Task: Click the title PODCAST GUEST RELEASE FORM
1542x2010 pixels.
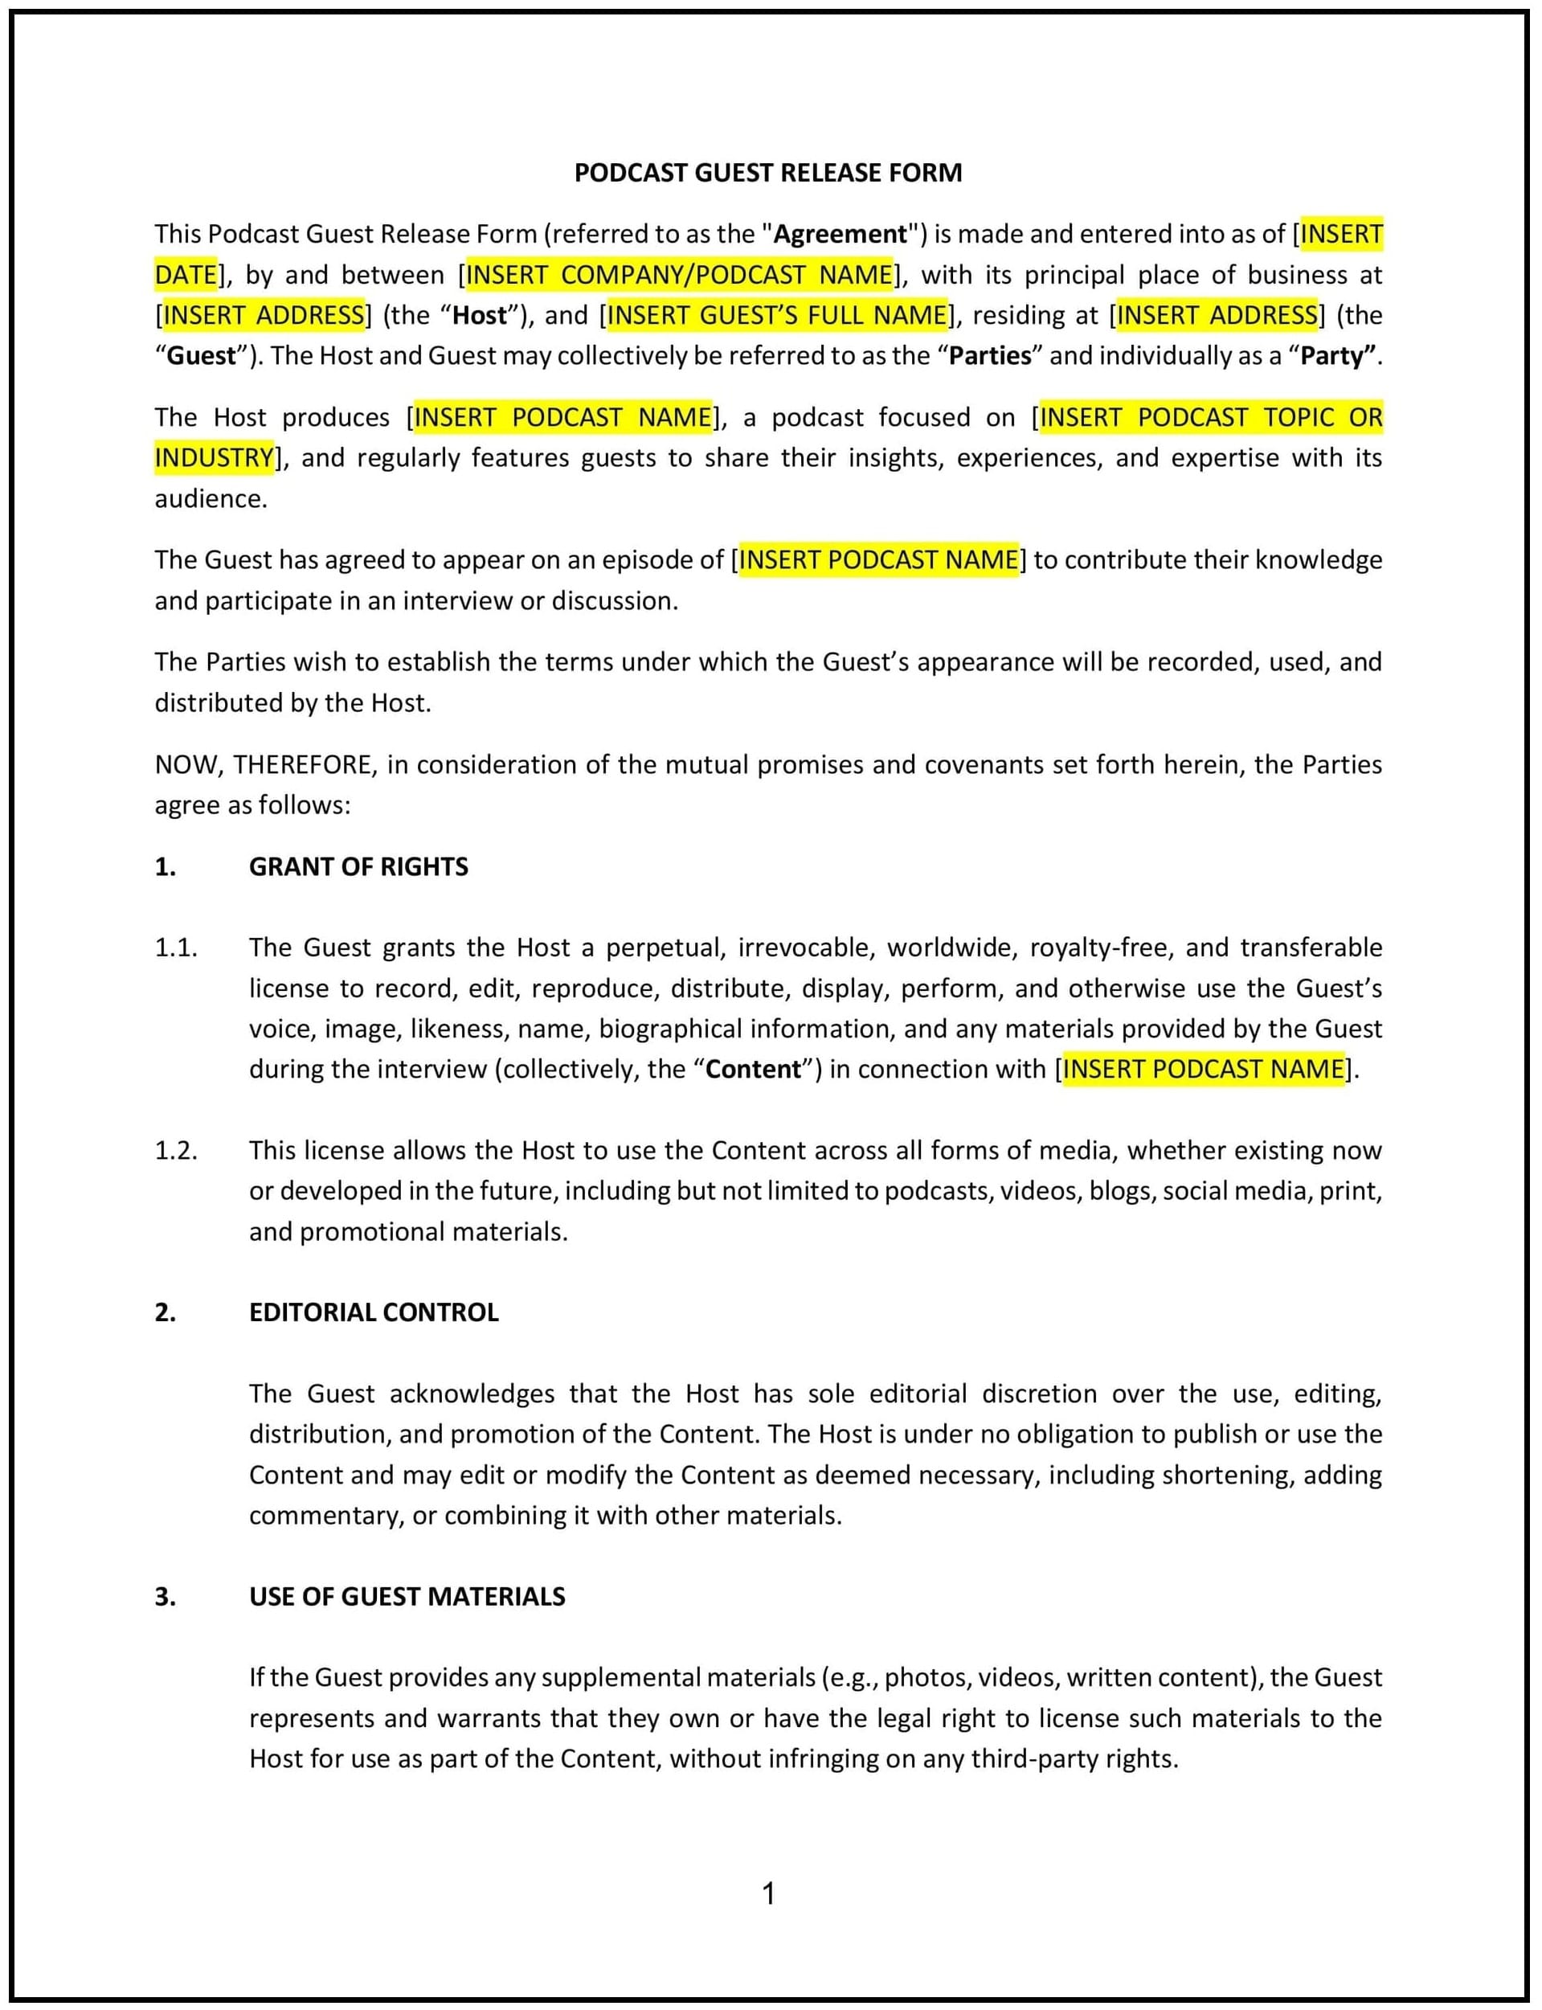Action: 768,173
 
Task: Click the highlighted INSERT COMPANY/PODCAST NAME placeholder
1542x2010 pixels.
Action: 679,274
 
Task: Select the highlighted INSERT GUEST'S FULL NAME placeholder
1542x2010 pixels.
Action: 776,315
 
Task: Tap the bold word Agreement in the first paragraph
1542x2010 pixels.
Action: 840,234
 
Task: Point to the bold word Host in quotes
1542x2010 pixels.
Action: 480,315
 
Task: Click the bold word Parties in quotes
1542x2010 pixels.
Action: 991,355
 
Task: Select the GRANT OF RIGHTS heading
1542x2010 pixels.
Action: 358,866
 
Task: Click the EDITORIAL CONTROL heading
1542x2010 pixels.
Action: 374,1312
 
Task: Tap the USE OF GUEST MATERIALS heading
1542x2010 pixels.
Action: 407,1596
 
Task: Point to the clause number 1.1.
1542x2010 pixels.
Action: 175,948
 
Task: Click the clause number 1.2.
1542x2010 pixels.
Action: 175,1150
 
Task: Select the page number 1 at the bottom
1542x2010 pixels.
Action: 769,1893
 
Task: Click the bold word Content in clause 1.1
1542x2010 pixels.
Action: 753,1069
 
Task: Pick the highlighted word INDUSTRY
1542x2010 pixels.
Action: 214,457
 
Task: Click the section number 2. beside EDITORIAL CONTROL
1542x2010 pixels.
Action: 166,1312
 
